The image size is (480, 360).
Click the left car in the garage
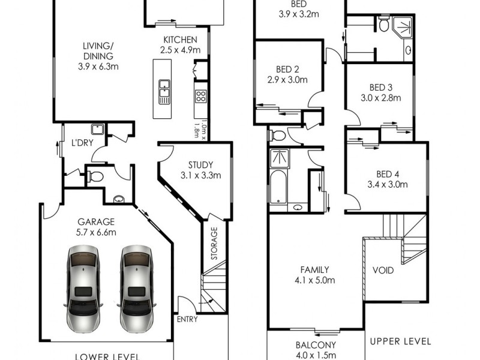(83, 289)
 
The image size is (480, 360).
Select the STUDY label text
(200, 165)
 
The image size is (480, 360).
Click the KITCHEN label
(181, 40)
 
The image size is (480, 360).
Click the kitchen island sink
(164, 92)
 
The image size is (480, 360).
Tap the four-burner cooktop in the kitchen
(200, 96)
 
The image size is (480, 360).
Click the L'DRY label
(81, 144)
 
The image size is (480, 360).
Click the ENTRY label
(187, 319)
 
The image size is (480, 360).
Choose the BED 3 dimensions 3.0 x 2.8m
(380, 98)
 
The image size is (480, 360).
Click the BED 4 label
(387, 174)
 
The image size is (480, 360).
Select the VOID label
(383, 271)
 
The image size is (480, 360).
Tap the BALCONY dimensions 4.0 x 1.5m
(319, 356)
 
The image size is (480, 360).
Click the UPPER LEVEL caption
(400, 341)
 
